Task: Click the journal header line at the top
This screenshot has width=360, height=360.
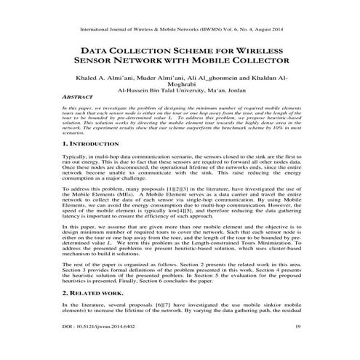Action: click(180, 31)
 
